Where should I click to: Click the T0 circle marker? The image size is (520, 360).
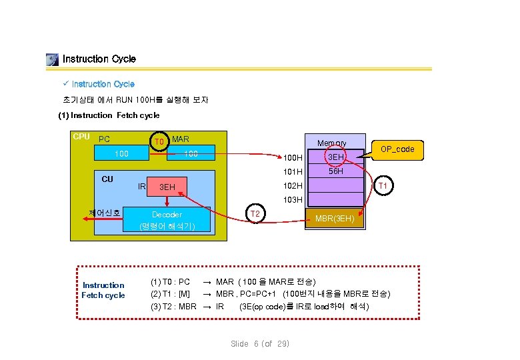pos(159,141)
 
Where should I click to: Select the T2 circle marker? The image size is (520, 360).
pos(254,214)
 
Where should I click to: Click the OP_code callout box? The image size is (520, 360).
pos(397,149)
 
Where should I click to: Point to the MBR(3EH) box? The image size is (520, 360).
pos(335,219)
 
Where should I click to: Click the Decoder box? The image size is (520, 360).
pos(167,219)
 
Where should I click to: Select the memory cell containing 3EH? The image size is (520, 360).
pos(335,157)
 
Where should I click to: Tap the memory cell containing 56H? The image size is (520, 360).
pos(335,171)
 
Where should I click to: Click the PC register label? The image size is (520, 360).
pos(104,139)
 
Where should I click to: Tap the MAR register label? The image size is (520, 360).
pos(181,139)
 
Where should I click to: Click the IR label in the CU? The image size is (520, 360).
pos(141,186)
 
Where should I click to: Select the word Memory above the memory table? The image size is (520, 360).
pos(331,143)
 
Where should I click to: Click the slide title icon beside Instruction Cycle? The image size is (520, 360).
pos(53,59)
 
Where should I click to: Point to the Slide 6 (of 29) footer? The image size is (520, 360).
pos(260,343)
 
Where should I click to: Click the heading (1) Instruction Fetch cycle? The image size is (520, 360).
pos(109,115)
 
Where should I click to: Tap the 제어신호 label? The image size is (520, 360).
pos(105,213)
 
